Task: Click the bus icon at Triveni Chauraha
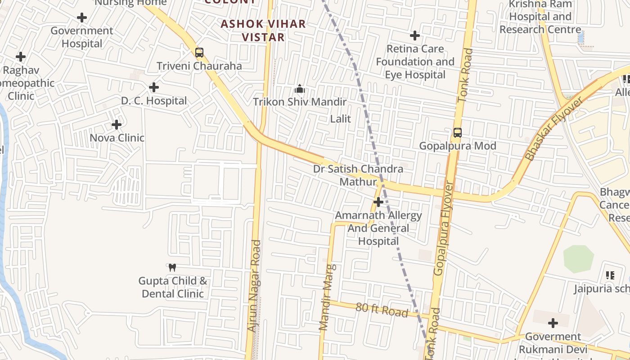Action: (199, 53)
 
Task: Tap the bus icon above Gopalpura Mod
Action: (458, 133)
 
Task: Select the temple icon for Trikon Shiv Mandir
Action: (300, 89)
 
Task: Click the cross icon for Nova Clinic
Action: (117, 125)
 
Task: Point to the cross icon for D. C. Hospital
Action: (154, 87)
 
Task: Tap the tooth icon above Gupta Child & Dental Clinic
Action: (172, 268)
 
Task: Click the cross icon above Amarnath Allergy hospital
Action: (378, 202)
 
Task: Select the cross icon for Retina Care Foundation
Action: (415, 36)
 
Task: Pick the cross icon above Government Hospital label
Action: (82, 18)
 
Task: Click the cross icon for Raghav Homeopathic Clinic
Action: (21, 57)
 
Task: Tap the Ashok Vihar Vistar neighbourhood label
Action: (263, 31)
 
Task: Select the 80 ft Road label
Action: (382, 310)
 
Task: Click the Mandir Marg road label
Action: (327, 297)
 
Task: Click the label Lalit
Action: (341, 119)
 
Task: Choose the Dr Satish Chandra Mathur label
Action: (358, 175)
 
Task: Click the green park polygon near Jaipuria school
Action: (578, 259)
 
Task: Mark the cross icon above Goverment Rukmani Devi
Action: (553, 323)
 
